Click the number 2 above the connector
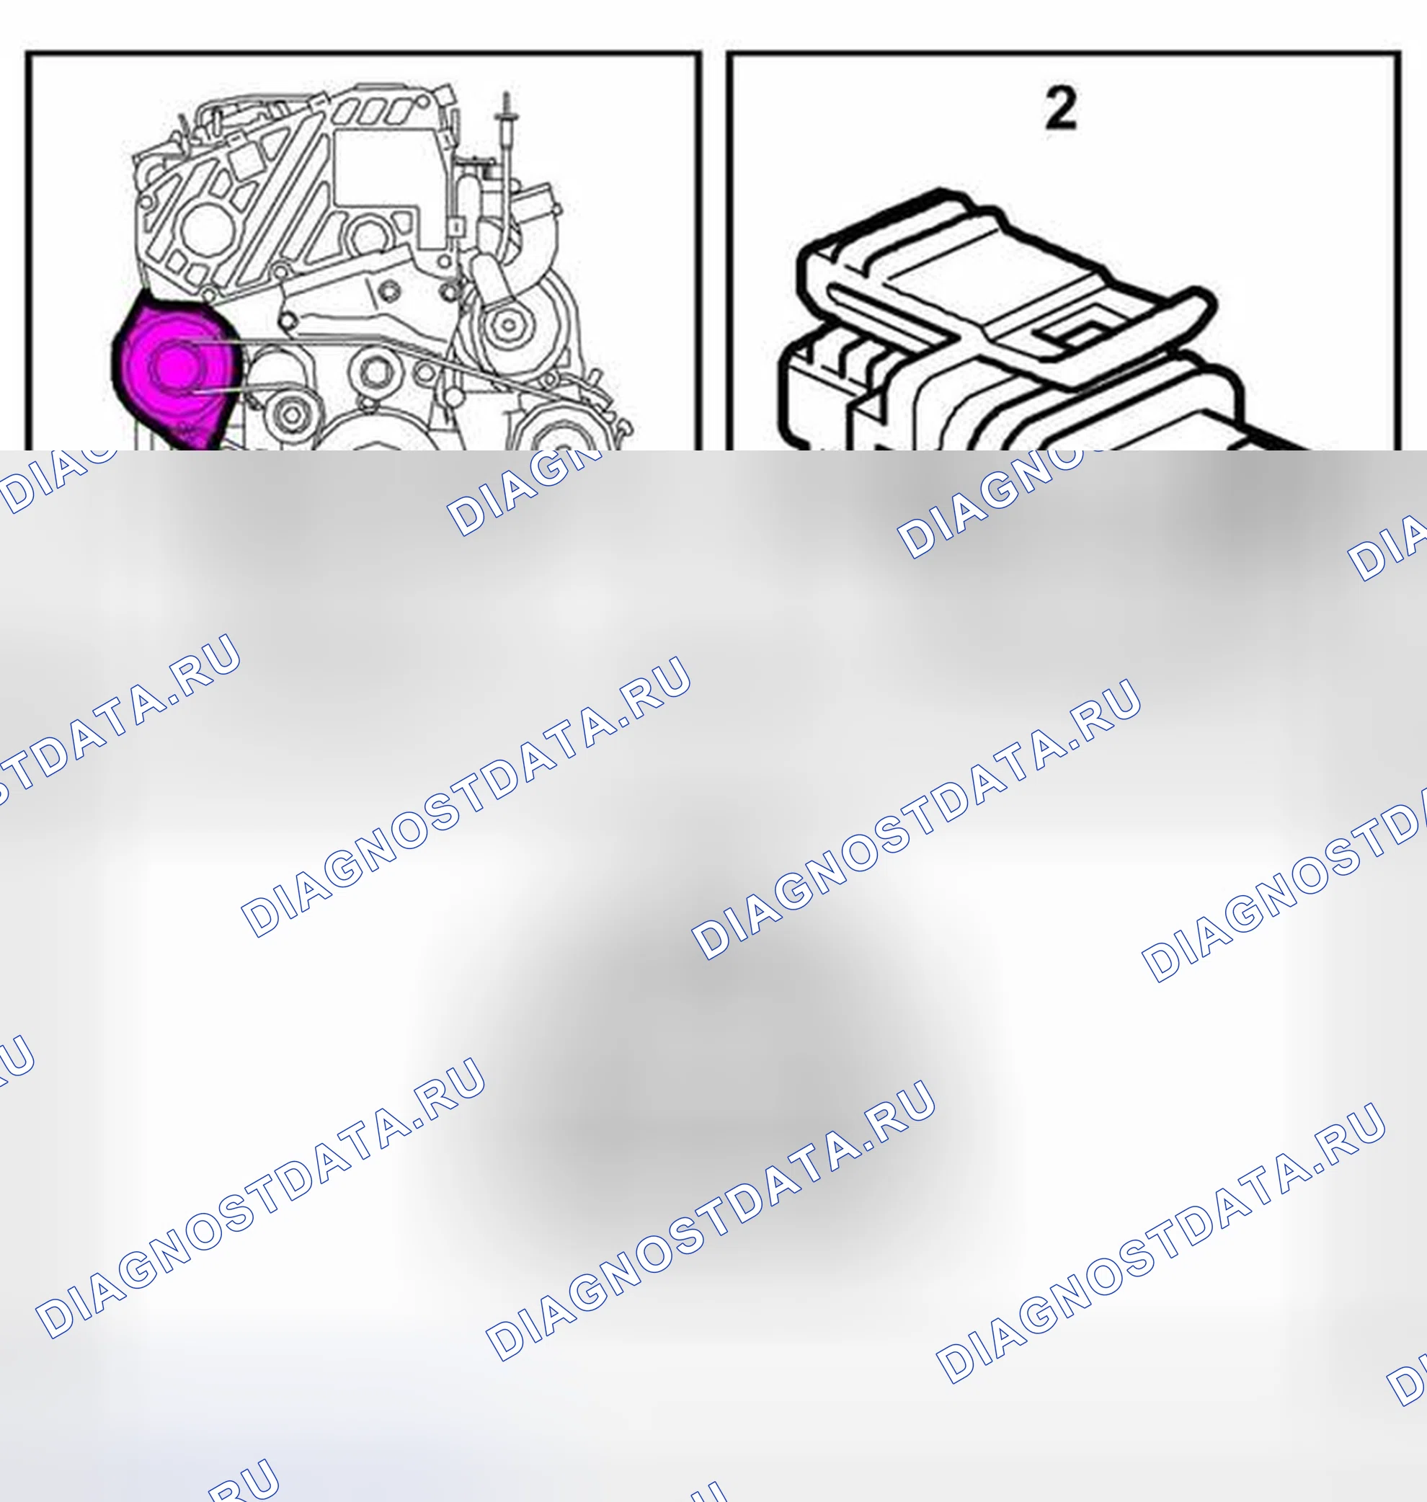(1061, 108)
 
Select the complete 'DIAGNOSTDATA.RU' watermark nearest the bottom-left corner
(260, 1197)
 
